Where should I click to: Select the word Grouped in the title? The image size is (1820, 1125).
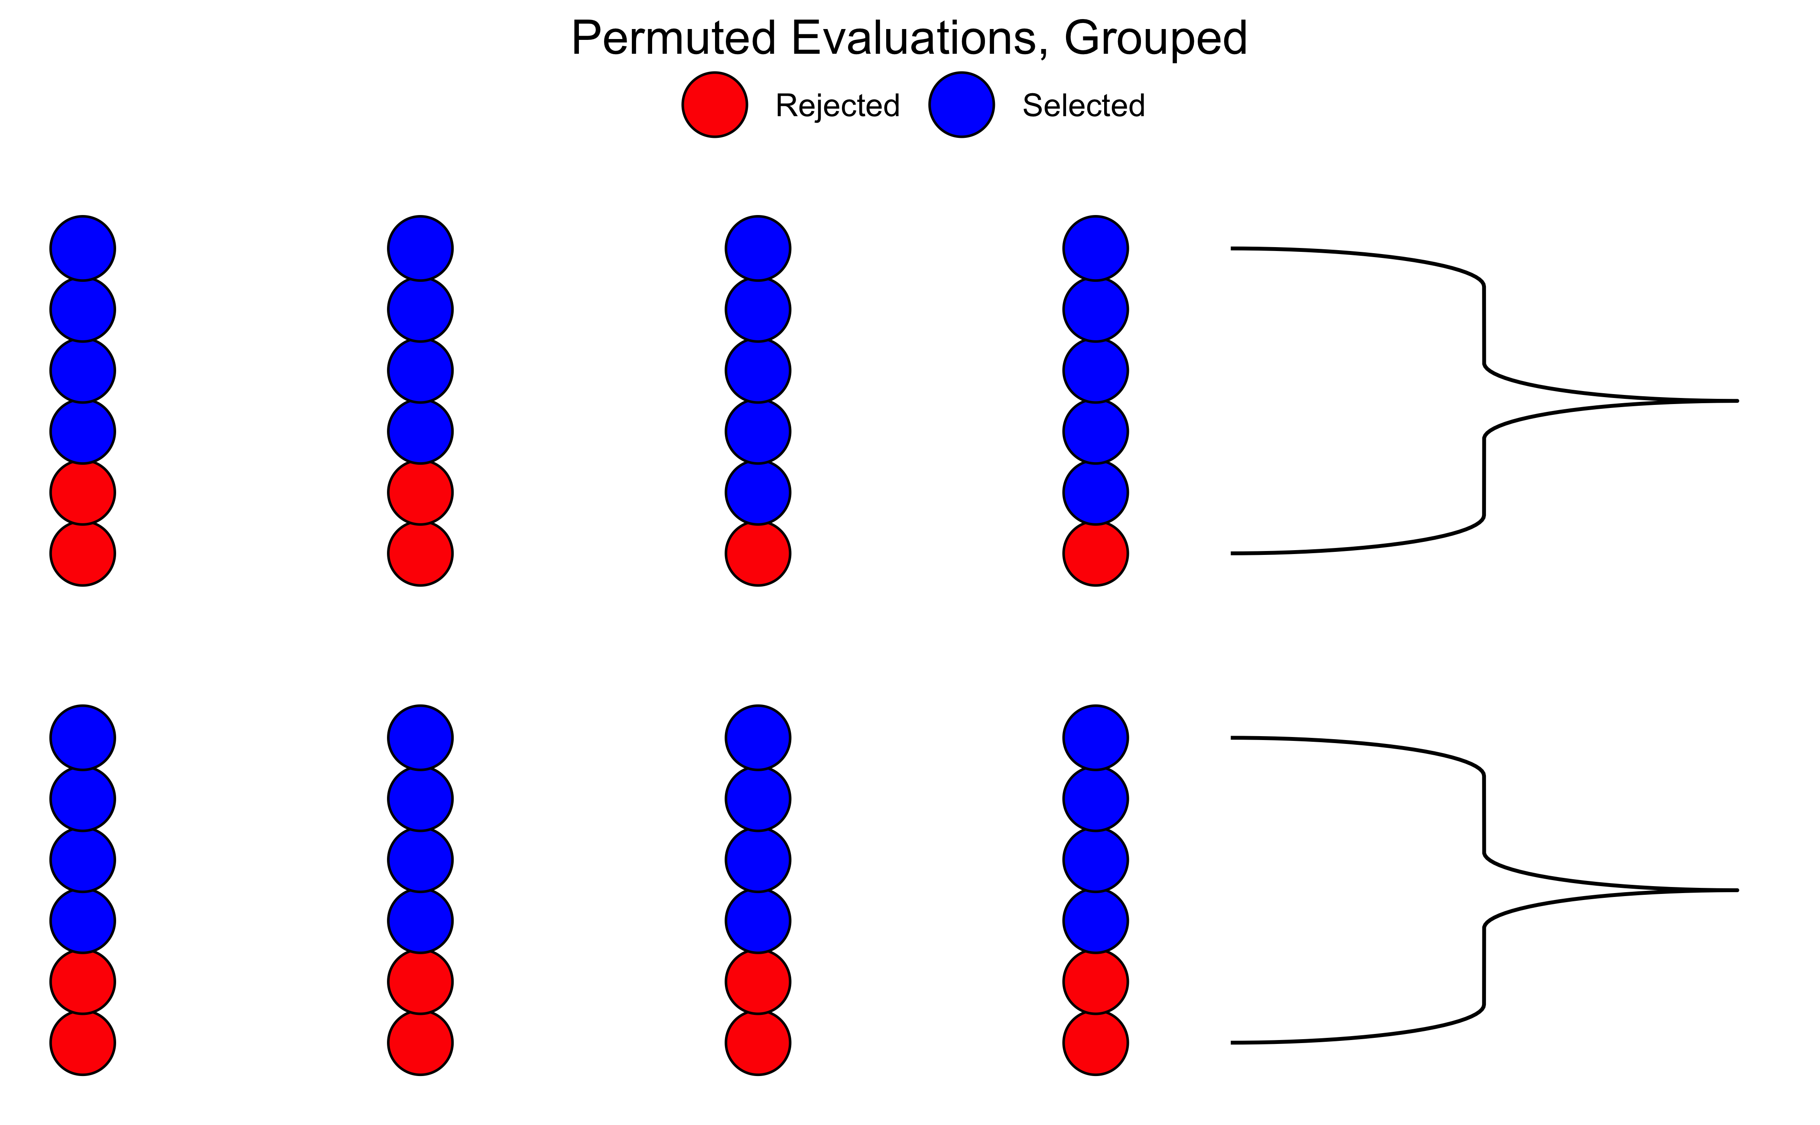click(x=1156, y=39)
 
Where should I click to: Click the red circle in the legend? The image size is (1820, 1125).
click(x=715, y=105)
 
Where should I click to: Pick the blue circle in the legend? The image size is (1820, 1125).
click(x=962, y=105)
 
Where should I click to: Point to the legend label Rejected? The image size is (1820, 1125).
click(x=838, y=106)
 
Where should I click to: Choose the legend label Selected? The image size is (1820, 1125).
click(x=1084, y=106)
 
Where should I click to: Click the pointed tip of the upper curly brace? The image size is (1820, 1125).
click(x=1737, y=401)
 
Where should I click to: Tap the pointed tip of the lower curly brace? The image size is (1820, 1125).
click(x=1737, y=890)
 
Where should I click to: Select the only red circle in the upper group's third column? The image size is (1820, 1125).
click(x=758, y=554)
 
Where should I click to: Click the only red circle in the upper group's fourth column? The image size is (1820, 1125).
click(x=1095, y=554)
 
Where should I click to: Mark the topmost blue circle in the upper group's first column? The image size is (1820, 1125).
click(x=83, y=248)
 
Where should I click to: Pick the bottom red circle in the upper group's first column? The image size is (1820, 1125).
click(x=83, y=554)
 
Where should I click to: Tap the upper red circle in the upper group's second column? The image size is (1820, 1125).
click(x=420, y=492)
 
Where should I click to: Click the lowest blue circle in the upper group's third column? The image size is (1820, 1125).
click(x=758, y=492)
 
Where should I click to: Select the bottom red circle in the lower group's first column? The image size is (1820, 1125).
click(x=83, y=1042)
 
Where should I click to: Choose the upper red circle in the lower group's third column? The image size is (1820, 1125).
click(x=758, y=982)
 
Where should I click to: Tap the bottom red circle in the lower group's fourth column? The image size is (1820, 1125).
click(x=1095, y=1042)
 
